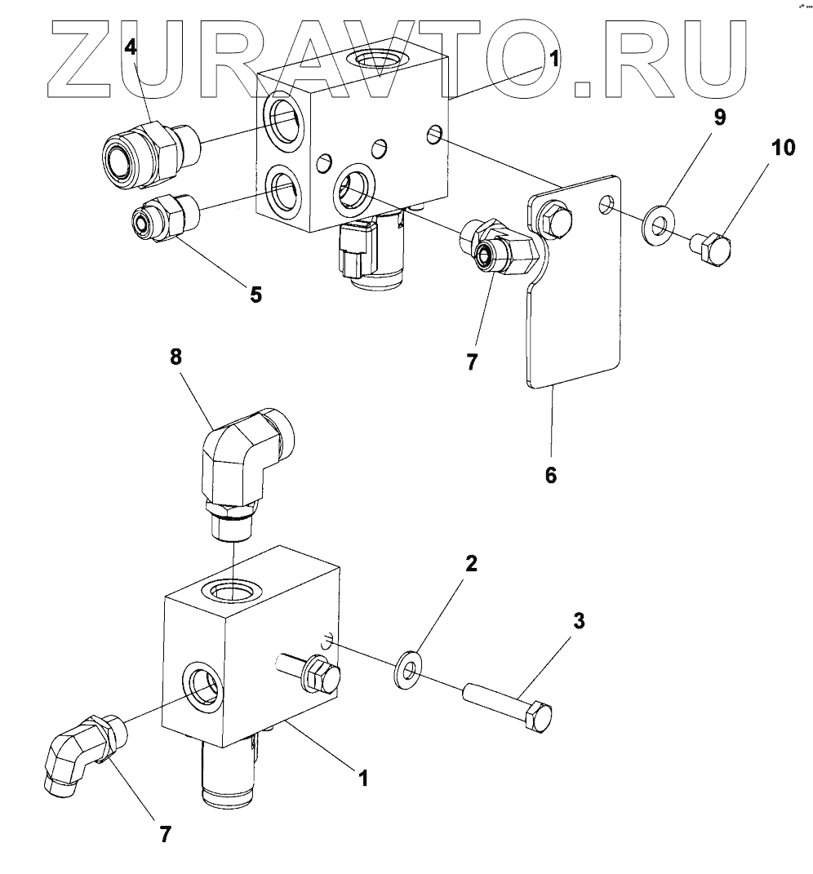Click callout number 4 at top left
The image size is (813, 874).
(x=131, y=48)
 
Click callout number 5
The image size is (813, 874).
(x=256, y=295)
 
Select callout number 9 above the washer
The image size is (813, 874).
(x=719, y=118)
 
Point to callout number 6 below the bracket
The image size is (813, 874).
(x=551, y=475)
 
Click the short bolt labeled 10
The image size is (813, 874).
(x=710, y=244)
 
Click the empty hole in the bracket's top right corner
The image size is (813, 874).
(x=604, y=202)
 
